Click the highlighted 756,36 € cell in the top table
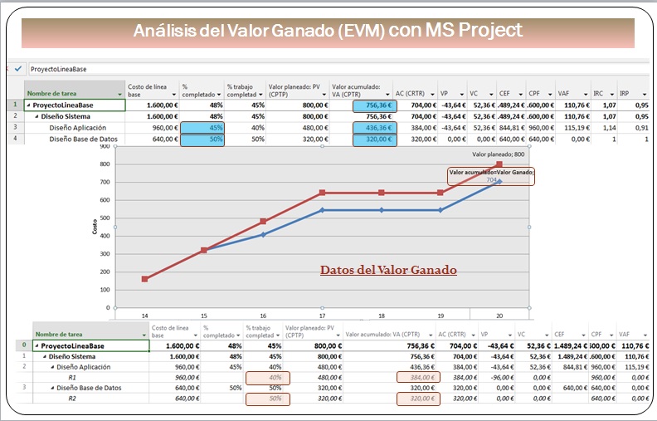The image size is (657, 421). click(374, 106)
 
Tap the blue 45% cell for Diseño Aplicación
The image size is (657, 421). click(202, 128)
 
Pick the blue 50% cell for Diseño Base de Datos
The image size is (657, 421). click(202, 140)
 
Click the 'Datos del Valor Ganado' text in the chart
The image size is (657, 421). click(388, 270)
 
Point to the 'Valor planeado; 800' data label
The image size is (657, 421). click(499, 154)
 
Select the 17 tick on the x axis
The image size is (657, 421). click(323, 316)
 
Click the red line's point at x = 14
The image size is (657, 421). click(145, 279)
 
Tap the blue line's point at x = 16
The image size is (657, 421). click(263, 234)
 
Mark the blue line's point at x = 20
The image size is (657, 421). click(499, 181)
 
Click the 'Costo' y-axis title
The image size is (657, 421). click(95, 227)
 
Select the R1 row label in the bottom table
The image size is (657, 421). click(72, 376)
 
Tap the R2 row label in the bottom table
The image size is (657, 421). click(72, 398)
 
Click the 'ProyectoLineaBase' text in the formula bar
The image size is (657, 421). click(60, 69)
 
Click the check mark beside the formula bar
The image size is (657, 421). click(18, 69)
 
